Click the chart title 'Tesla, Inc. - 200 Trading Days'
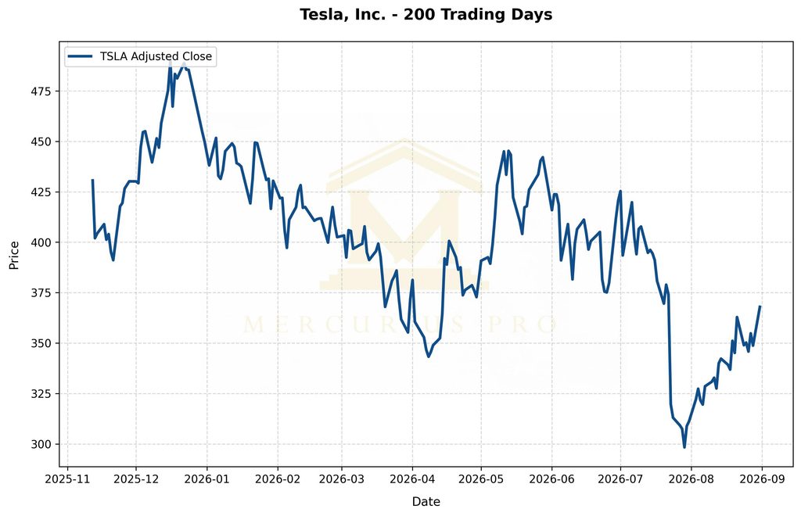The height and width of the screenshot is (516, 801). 426,14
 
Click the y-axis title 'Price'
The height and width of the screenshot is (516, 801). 14,255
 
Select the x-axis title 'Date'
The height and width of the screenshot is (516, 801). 426,502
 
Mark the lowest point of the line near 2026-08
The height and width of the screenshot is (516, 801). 684,448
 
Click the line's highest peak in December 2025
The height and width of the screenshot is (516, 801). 170,61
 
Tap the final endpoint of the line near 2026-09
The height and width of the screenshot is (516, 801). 760,306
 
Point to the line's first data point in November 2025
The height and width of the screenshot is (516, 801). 92,180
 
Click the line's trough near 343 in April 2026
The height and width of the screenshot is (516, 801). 428,357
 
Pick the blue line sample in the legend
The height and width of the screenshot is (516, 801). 81,56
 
